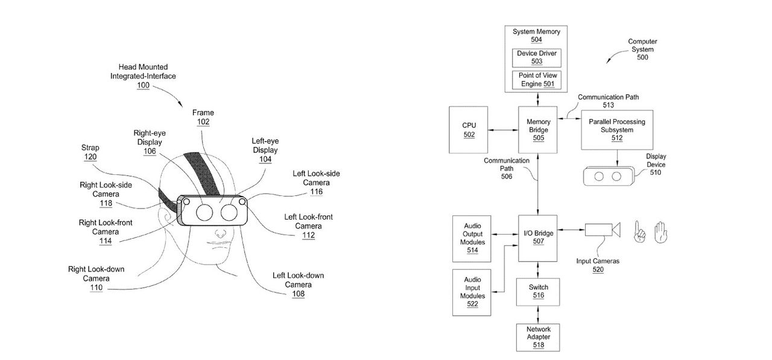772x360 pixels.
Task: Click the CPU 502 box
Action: pos(469,129)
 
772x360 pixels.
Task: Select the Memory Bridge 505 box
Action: pos(538,129)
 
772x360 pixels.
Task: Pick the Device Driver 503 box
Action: pos(536,57)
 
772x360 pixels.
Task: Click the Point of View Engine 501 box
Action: pos(536,79)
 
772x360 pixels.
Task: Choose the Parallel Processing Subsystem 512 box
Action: pos(616,129)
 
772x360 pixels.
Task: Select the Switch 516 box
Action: pos(538,291)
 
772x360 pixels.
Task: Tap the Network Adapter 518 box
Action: pos(538,337)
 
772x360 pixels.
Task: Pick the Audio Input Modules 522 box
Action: pos(472,292)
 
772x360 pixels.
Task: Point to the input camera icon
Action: pos(602,230)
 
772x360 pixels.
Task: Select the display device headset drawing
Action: pos(607,177)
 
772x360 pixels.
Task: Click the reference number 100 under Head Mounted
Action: pos(143,86)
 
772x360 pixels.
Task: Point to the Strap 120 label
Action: pos(90,153)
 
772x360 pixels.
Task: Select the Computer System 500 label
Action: pos(642,49)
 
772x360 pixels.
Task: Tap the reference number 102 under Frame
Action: pos(203,121)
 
